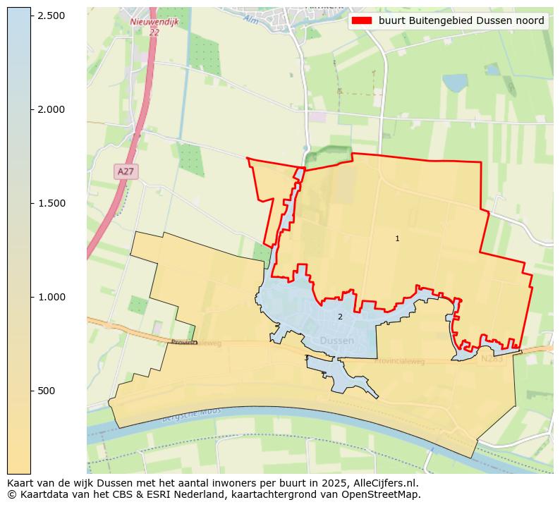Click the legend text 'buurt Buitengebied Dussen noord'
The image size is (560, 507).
(x=461, y=21)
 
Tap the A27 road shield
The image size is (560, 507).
(x=126, y=171)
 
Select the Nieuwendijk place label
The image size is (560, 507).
(x=154, y=23)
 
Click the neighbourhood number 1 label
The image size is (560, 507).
(x=397, y=239)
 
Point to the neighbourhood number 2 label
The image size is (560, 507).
(x=340, y=317)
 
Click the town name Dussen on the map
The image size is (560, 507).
(x=336, y=341)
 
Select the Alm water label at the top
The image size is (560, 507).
(x=250, y=19)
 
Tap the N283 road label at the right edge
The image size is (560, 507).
(x=492, y=359)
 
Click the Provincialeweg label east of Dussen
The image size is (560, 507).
(x=399, y=360)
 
